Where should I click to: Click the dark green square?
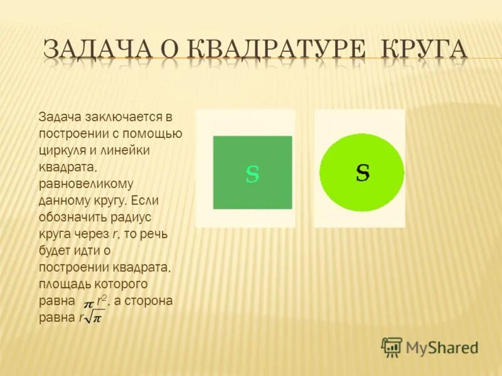pos(252,172)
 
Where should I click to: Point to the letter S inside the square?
pos(252,174)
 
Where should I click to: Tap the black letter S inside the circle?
pos(362,172)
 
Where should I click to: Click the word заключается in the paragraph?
pos(117,118)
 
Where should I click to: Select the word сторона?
pos(146,301)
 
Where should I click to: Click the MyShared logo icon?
pos(392,347)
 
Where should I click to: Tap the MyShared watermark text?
pos(442,347)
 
